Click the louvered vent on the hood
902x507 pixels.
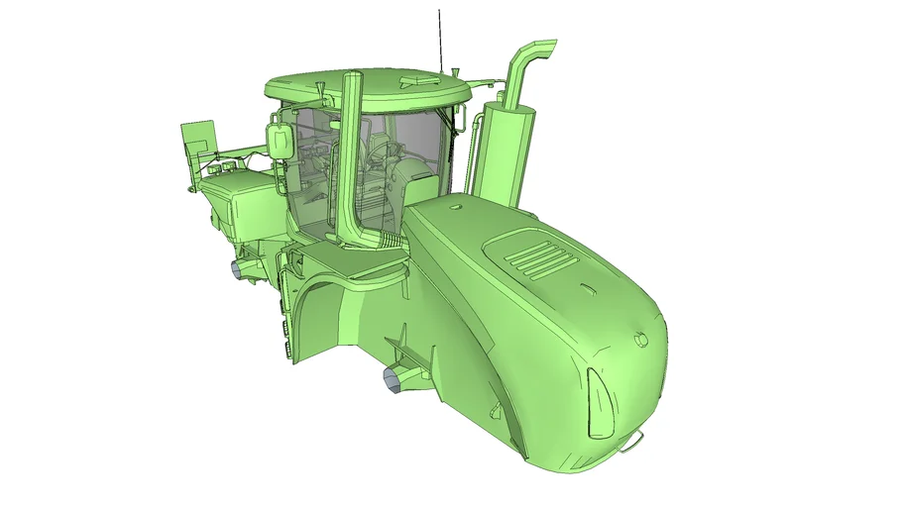[x=540, y=260]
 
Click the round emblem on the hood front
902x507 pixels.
[x=640, y=339]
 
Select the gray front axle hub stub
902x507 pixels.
[x=395, y=378]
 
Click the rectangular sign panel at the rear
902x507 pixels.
[x=198, y=140]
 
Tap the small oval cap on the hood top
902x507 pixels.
[x=455, y=208]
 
